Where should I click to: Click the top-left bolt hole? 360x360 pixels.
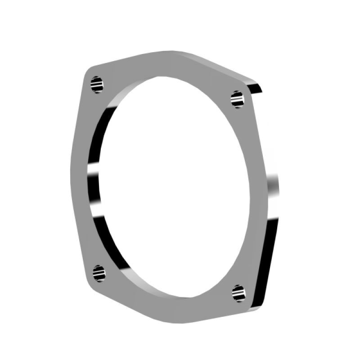pos(97,84)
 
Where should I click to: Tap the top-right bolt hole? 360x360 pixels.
pos(237,98)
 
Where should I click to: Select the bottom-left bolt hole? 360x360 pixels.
pos(99,272)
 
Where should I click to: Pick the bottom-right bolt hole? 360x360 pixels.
pos(238,294)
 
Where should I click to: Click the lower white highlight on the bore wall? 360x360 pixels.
pos(97,211)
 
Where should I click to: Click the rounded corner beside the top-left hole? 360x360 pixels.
pos(88,72)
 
